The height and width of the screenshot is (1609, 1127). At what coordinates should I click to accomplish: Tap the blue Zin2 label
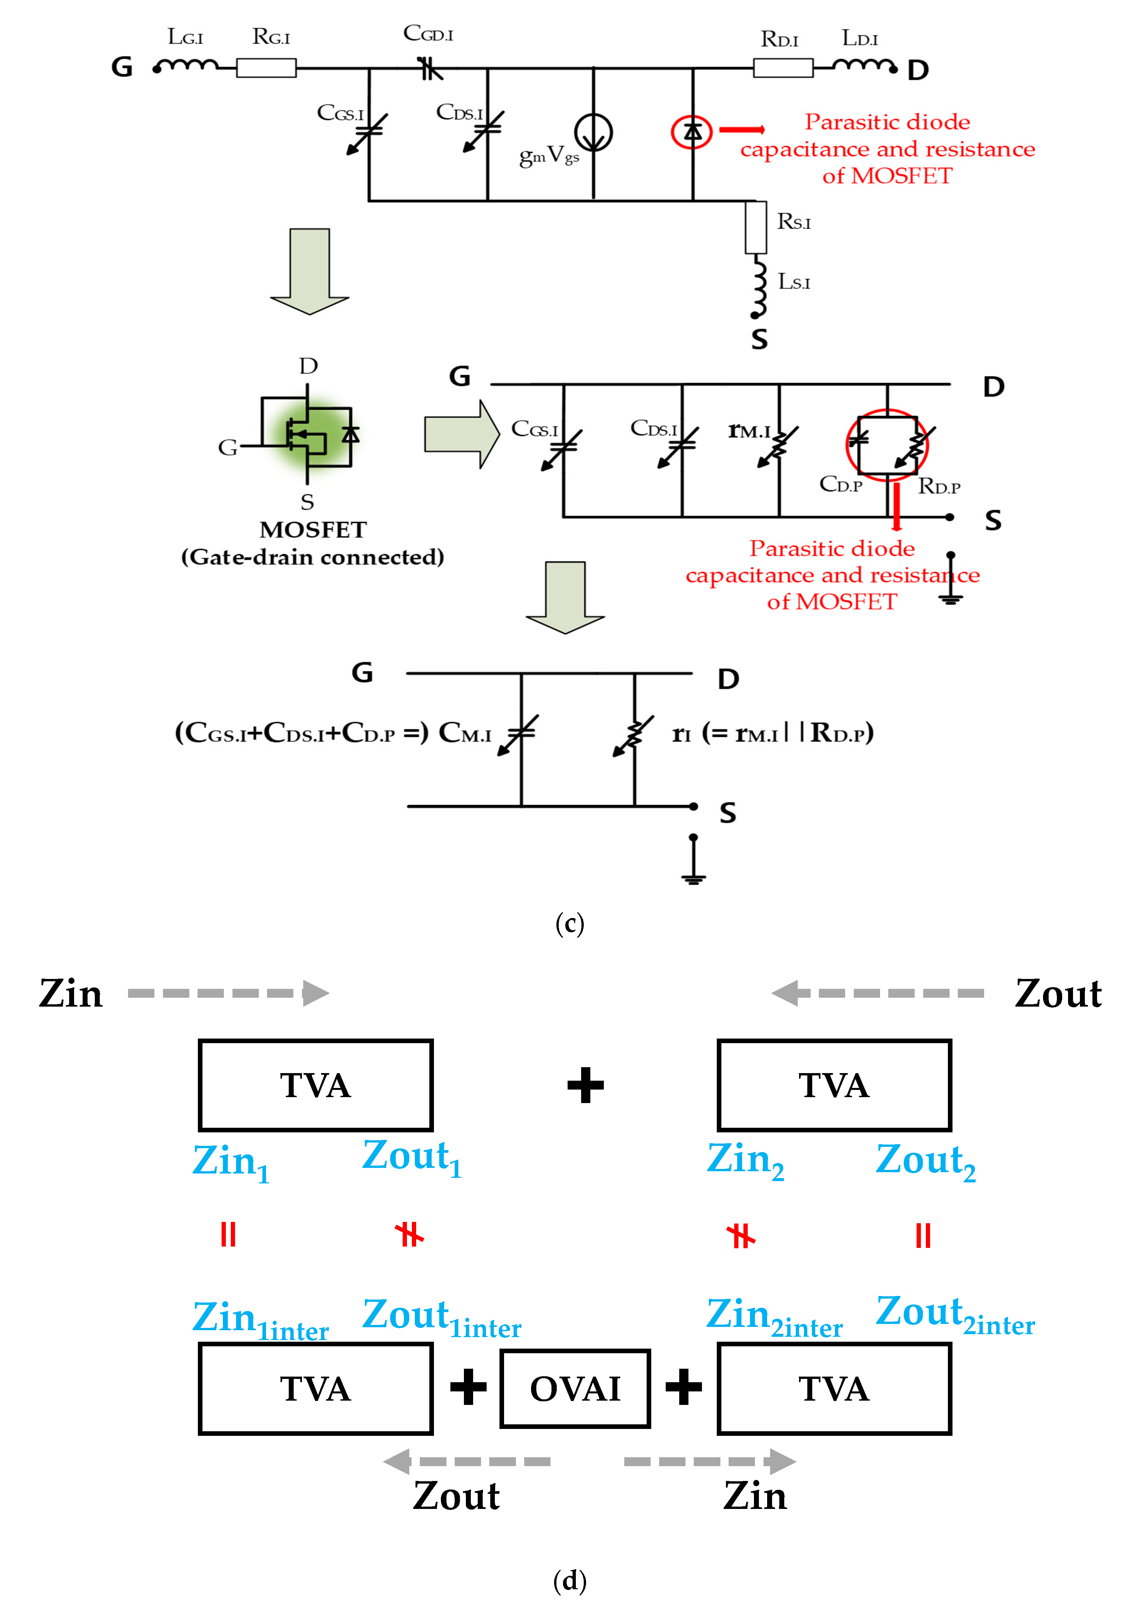744,1160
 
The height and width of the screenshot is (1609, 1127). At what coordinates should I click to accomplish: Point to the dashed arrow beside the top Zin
228,993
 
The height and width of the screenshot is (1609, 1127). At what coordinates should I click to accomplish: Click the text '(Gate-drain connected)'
312,557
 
